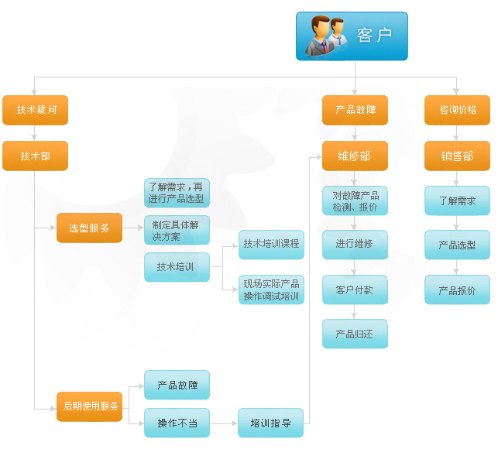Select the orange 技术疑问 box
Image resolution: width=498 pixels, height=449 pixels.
click(36, 110)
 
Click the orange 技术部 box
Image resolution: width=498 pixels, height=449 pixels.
click(36, 156)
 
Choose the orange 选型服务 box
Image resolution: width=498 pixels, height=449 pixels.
click(89, 228)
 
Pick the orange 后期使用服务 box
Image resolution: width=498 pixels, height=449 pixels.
click(89, 406)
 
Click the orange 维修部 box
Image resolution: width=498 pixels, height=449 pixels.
click(355, 156)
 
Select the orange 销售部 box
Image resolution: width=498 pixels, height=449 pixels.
click(457, 156)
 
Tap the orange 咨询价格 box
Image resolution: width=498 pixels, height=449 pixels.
click(457, 110)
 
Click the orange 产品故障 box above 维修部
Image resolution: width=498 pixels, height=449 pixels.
click(355, 110)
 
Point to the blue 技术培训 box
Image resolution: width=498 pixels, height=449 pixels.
click(177, 267)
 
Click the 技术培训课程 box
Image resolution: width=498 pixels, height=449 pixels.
click(271, 244)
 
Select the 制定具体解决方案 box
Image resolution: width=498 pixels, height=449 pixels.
click(177, 230)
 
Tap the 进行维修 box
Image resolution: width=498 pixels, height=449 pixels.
click(355, 244)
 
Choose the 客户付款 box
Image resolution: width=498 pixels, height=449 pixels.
click(355, 290)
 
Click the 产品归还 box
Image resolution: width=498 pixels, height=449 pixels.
click(355, 334)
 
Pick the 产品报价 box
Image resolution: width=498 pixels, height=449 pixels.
click(457, 290)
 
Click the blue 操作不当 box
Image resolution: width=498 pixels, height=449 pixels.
click(177, 423)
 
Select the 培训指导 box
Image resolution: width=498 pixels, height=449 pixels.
click(271, 423)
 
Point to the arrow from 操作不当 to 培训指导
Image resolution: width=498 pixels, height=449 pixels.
click(224, 423)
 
